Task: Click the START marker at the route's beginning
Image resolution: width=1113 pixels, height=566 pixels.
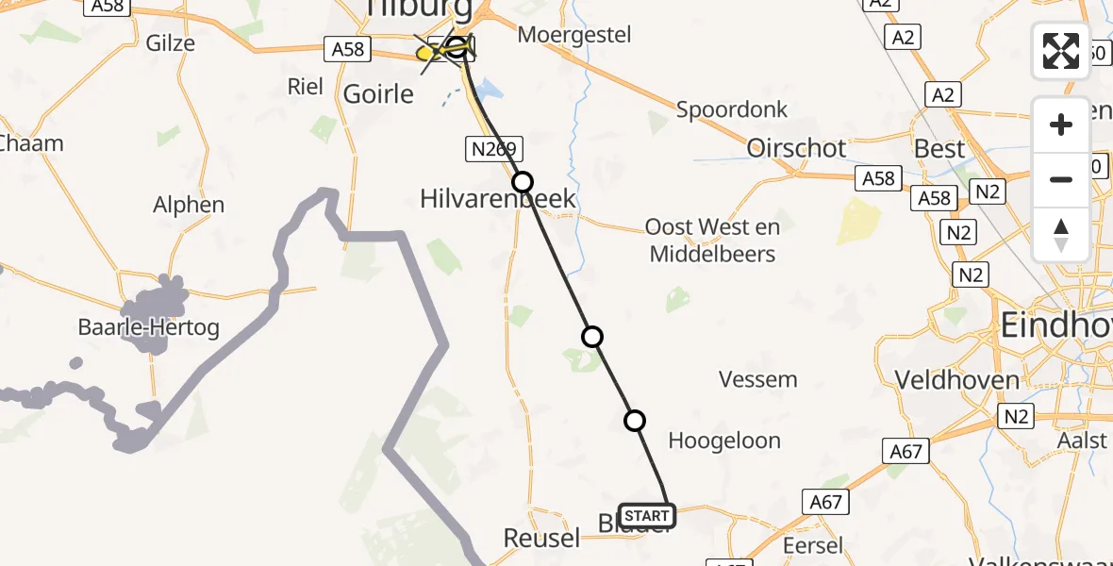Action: coord(647,515)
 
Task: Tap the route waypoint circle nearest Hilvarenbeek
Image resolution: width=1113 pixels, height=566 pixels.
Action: coord(522,181)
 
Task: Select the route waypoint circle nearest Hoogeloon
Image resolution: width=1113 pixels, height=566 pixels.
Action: coord(635,420)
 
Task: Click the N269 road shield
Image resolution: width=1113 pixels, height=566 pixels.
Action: coord(493,148)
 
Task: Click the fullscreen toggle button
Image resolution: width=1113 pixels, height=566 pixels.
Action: coord(1061,51)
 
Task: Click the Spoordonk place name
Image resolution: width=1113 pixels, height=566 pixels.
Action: coord(731,109)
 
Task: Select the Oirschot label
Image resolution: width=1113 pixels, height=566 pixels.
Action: coord(796,148)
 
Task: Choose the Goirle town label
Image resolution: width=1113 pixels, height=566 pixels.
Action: coord(378,93)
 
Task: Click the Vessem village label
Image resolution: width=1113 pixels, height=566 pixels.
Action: coord(757,379)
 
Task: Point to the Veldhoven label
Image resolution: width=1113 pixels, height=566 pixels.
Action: coord(956,380)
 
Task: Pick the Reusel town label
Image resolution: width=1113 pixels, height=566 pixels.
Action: coord(541,538)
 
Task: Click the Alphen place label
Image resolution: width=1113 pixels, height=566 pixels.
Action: coord(189,205)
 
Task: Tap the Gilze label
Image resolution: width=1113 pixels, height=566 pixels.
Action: coord(171,42)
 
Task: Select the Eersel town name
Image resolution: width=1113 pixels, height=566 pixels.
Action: coord(813,545)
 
